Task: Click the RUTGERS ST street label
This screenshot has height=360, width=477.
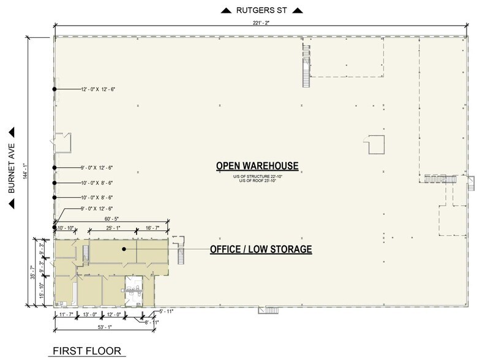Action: tap(261, 10)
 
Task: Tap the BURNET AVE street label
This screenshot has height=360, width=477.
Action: tap(12, 169)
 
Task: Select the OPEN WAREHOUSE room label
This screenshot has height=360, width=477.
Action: tap(257, 166)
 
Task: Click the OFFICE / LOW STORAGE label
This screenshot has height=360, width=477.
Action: tap(261, 249)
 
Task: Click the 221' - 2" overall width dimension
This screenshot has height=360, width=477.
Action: tap(260, 23)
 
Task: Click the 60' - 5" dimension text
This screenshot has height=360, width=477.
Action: tap(112, 218)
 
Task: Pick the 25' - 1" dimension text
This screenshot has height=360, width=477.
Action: tap(113, 228)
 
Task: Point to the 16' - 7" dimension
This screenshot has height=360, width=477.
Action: tap(153, 228)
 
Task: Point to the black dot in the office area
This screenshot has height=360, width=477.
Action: tap(124, 249)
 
